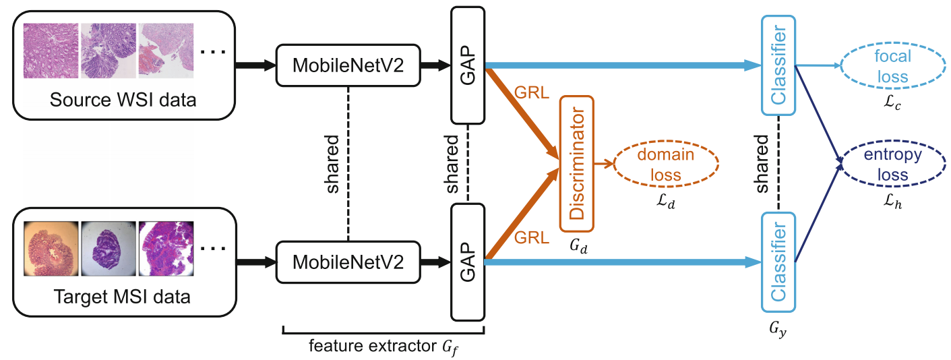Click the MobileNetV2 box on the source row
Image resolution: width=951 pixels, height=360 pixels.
coord(347,65)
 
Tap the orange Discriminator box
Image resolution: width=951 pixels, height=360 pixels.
coord(576,163)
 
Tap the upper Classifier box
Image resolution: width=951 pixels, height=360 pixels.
coord(778,65)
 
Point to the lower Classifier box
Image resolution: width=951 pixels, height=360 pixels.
coord(778,262)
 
